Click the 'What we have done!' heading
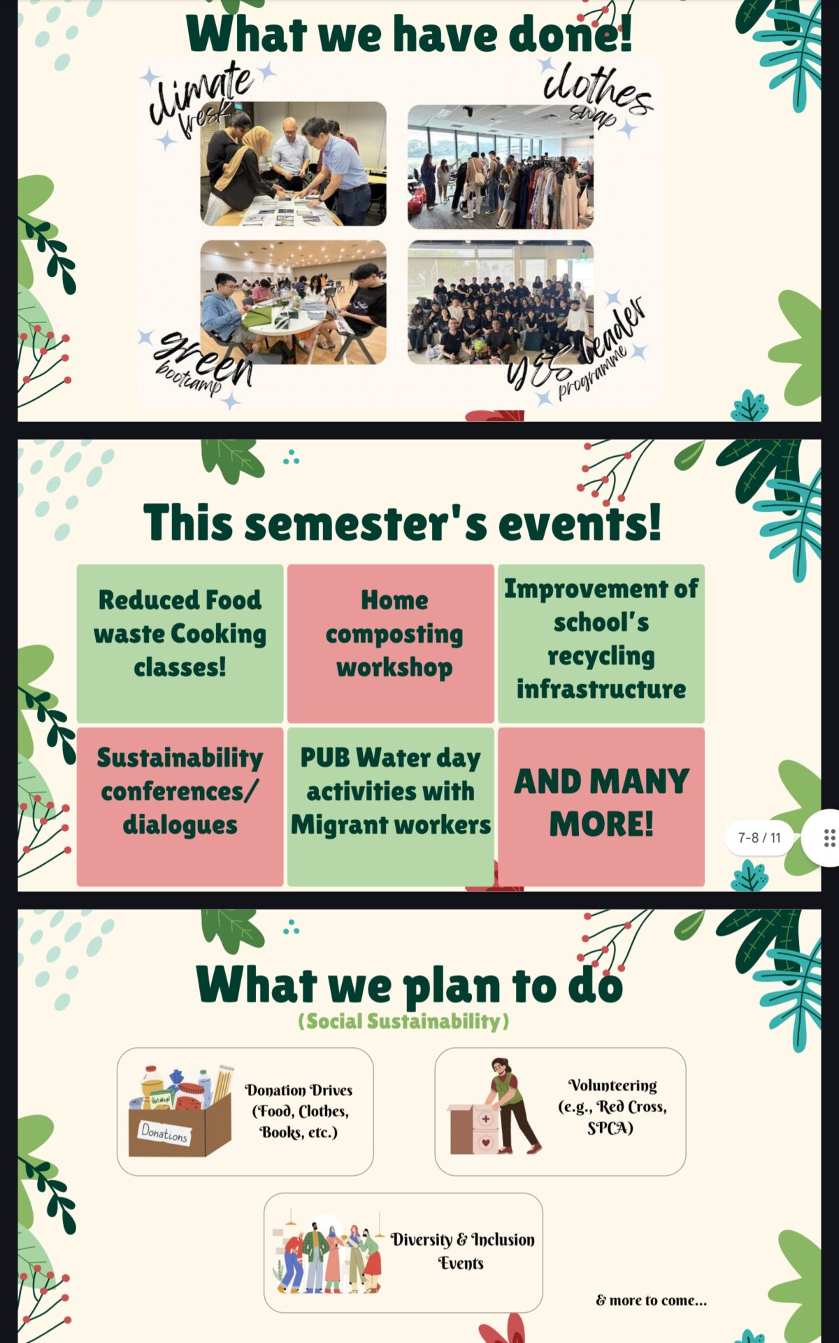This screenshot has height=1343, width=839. point(409,33)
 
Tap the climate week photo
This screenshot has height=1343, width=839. point(294,164)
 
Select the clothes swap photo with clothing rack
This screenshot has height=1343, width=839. point(501,167)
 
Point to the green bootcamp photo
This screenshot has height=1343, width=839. point(294,302)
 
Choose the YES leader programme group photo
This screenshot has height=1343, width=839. point(501,302)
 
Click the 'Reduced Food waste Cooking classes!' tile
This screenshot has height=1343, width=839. point(180,644)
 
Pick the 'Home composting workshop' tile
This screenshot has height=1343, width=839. point(391,644)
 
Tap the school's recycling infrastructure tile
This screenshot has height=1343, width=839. point(601,644)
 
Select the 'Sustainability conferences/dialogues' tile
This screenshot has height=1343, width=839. point(180,806)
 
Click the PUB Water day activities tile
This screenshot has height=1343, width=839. point(391,806)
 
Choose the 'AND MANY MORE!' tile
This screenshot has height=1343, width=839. point(601,806)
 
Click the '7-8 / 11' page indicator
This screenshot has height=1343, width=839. point(759,837)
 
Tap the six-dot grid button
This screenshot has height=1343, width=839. point(829,838)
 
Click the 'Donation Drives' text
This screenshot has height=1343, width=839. point(299,1090)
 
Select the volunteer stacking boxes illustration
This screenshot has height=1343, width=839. point(494,1106)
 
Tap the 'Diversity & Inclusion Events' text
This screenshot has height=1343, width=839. point(462,1251)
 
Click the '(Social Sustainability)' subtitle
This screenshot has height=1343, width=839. point(403,1021)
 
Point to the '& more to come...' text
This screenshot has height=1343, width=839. point(652,1300)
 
